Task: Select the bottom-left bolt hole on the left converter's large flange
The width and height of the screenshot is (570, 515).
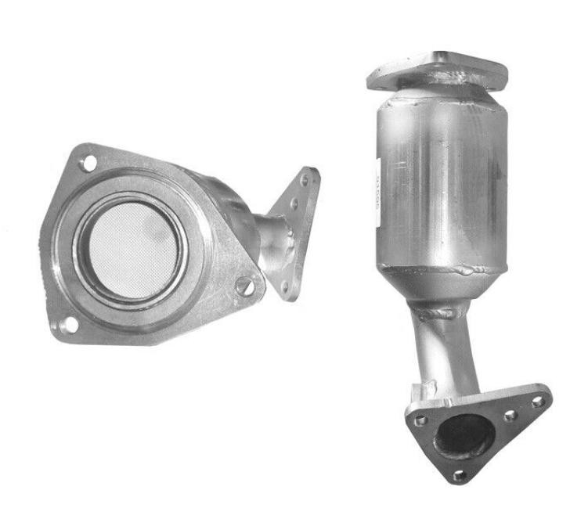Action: (x=67, y=325)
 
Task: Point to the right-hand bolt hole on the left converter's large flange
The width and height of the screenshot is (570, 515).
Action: (x=250, y=286)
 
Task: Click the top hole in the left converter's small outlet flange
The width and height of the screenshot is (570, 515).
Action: (x=306, y=181)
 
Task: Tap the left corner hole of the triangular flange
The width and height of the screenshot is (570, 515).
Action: (x=420, y=421)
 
